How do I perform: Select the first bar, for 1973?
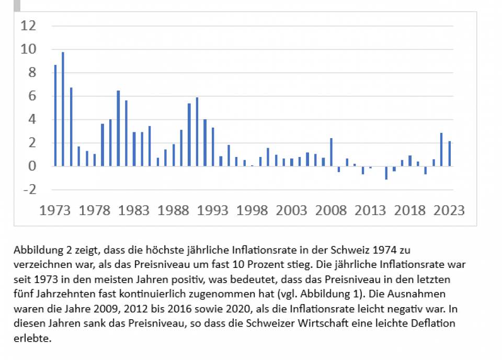(55, 116)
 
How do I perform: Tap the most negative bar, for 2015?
(386, 173)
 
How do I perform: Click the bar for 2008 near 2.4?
(331, 152)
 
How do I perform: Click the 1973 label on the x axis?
(55, 210)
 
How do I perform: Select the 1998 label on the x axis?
(252, 210)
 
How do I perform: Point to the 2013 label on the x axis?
(370, 210)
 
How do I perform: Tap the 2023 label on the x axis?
(449, 210)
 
